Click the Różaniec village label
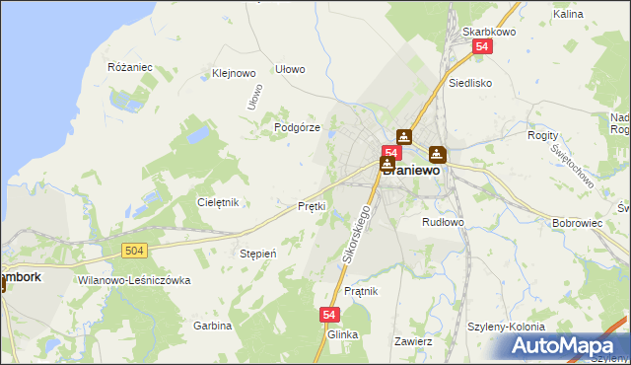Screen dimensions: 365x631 point(129,67)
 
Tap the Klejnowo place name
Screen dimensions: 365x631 point(234,73)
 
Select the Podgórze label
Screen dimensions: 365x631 point(297,128)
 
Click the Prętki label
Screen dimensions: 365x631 point(312,207)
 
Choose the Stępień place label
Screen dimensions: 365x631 point(258,254)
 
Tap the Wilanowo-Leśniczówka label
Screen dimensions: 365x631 point(133,280)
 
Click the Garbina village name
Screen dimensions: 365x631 point(212,326)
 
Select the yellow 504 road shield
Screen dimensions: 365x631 point(136,252)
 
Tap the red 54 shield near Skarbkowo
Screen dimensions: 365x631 point(481,46)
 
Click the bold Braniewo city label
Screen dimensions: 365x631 point(411,170)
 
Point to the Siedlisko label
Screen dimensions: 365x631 point(470,84)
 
